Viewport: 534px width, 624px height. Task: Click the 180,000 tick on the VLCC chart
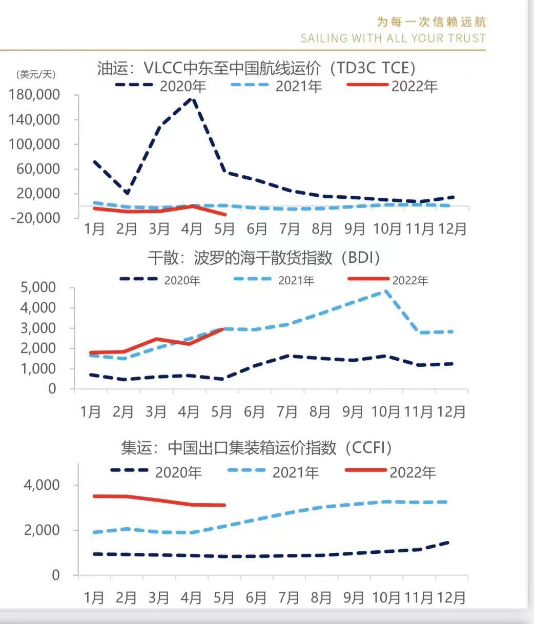point(42,95)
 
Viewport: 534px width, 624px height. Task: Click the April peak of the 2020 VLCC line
point(192,97)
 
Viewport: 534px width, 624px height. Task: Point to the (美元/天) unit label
point(36,75)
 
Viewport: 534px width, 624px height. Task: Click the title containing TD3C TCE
point(256,68)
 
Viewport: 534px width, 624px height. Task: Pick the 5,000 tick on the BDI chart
point(38,287)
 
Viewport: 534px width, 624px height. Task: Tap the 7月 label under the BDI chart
point(287,411)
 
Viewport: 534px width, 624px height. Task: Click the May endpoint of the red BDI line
point(223,329)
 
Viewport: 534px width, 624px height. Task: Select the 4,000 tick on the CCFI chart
point(42,485)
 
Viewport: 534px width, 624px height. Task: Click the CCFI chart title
point(256,448)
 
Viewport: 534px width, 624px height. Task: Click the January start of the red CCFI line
point(94,496)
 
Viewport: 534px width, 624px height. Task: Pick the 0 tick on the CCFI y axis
point(55,575)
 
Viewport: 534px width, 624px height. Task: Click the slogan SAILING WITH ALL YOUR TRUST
point(393,38)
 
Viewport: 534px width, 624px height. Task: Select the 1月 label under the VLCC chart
point(94,228)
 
